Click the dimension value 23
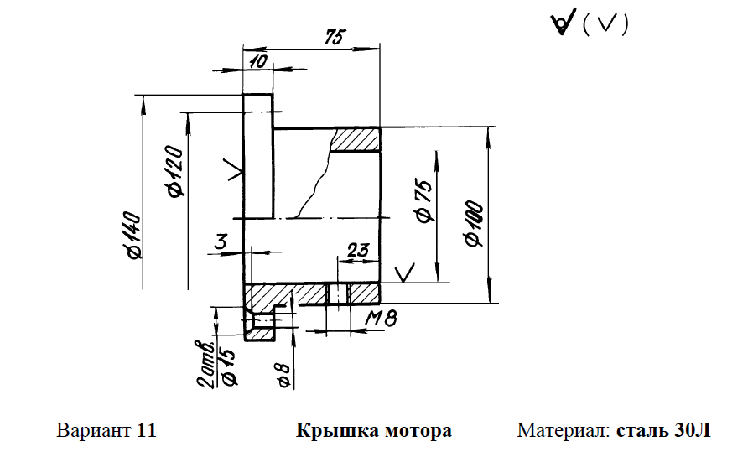coord(357,249)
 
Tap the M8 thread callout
coord(380,319)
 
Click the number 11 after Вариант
coord(148,432)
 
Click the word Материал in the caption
coord(563,432)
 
